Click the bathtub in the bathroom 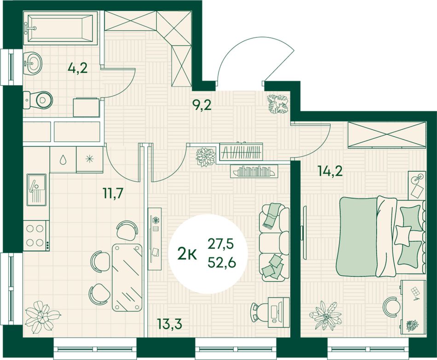coord(60,28)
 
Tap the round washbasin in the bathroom coord(33,64)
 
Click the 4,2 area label coord(77,68)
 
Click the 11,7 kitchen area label coord(113,193)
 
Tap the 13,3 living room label coord(169,324)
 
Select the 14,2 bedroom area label coord(330,171)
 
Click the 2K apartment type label coord(187,254)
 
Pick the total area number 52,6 coord(222,262)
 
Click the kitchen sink coord(36,190)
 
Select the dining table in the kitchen coord(127,277)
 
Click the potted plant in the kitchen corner coord(42,317)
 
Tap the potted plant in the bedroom coord(326,315)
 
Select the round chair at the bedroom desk coord(391,306)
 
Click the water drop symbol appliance coord(63,159)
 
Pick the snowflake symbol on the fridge coord(89,159)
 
